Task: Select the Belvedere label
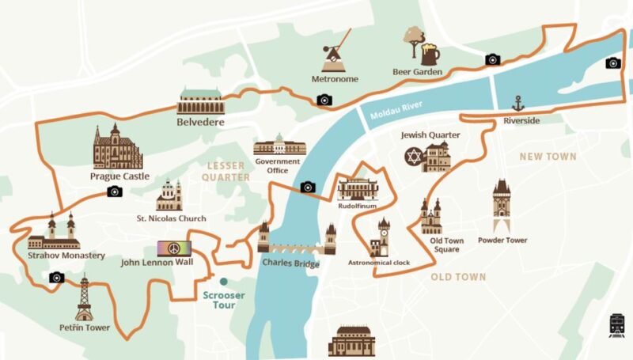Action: pos(200,123)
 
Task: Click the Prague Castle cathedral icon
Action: pos(117,147)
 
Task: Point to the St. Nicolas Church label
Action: pos(171,218)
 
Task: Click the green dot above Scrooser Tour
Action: pos(224,282)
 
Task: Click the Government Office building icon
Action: pos(279,145)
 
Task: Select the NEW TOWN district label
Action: pos(548,157)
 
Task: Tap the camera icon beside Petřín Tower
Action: pos(55,278)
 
